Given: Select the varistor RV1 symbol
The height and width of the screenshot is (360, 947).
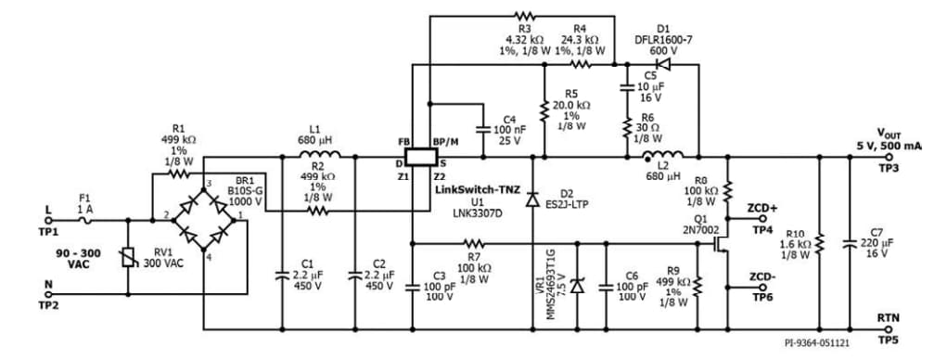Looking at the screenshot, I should (x=127, y=258).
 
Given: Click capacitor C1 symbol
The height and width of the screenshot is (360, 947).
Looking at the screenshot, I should (x=283, y=275).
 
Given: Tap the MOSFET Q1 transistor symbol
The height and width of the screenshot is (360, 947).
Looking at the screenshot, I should (x=720, y=244).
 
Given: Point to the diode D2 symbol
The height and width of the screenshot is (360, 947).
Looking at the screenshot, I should (x=531, y=199).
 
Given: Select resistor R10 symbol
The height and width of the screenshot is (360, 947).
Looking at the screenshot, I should (x=819, y=244).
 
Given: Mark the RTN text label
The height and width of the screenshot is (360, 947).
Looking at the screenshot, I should (x=889, y=318).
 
